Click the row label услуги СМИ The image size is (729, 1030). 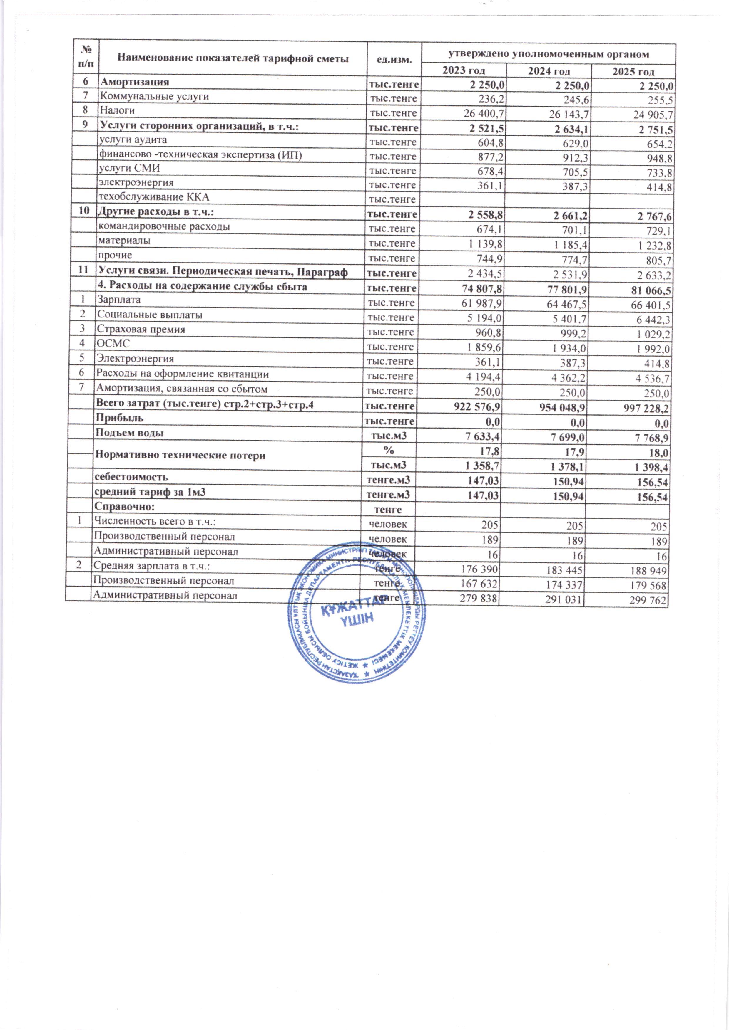129,168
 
